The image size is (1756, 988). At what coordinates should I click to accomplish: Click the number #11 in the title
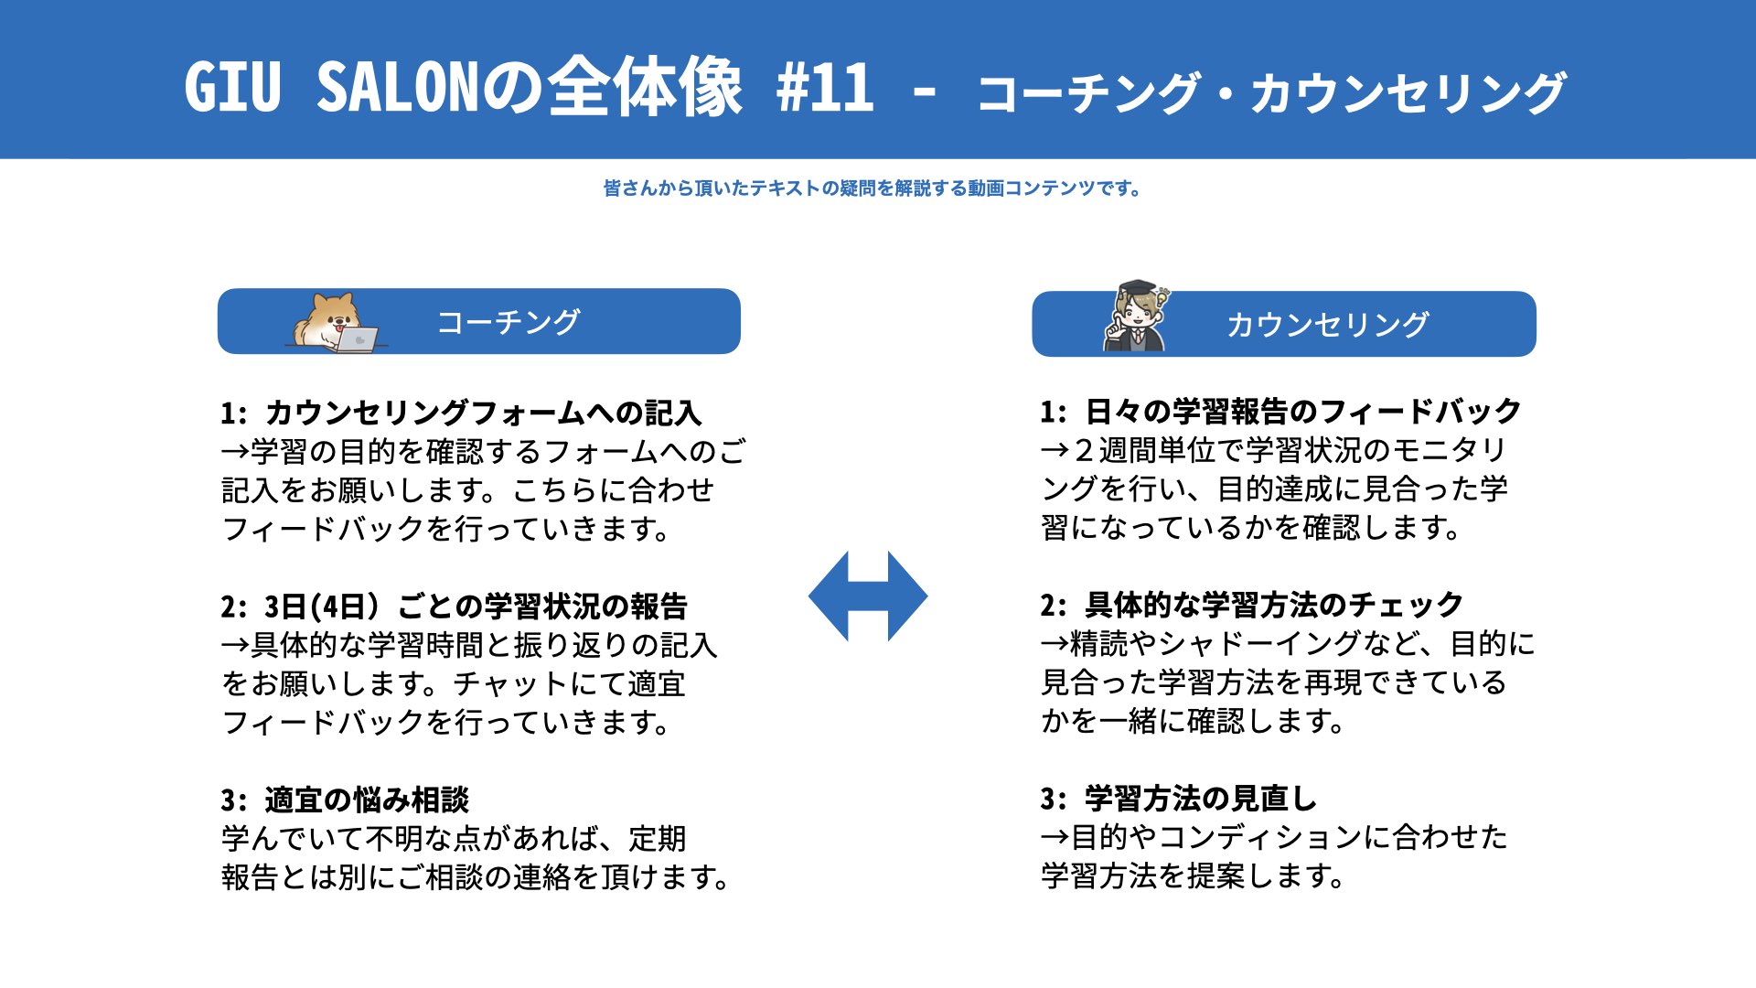(x=825, y=89)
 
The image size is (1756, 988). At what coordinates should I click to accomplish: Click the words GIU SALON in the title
(x=331, y=89)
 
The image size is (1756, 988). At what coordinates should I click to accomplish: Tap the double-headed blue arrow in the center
(x=868, y=596)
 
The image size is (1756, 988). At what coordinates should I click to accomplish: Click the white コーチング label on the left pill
(x=509, y=322)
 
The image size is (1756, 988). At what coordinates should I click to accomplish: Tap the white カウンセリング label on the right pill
(x=1327, y=325)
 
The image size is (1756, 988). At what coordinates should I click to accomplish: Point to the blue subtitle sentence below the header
(x=872, y=188)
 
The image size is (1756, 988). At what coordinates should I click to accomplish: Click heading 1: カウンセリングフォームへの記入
(x=461, y=413)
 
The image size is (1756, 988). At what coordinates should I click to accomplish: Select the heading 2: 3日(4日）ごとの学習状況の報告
(x=454, y=607)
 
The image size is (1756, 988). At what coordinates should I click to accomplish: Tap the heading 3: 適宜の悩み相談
(x=345, y=800)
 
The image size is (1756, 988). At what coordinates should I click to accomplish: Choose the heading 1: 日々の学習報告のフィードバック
(x=1280, y=412)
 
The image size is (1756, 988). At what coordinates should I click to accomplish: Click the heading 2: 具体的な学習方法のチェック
(x=1251, y=606)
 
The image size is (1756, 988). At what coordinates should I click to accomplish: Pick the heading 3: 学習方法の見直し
(x=1178, y=800)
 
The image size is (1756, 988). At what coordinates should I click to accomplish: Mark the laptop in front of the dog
(x=357, y=339)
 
